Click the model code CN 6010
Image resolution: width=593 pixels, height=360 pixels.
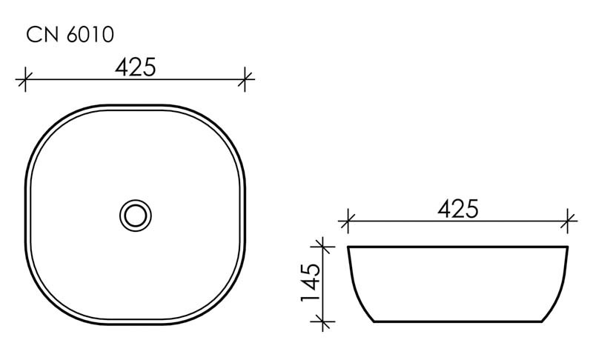pos(70,34)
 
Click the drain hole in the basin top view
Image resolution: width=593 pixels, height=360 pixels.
pos(135,216)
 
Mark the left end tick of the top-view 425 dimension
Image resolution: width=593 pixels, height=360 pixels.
pos(25,78)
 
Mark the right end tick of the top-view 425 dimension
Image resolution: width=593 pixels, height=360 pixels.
pos(245,78)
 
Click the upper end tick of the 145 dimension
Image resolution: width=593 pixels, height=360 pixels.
pos(322,246)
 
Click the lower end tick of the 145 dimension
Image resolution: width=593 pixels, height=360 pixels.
pos(322,321)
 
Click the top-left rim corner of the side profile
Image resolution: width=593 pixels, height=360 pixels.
pos(349,247)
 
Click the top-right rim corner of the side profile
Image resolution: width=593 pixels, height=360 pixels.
pos(567,247)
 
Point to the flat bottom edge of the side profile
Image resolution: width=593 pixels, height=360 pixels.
pos(457,322)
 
